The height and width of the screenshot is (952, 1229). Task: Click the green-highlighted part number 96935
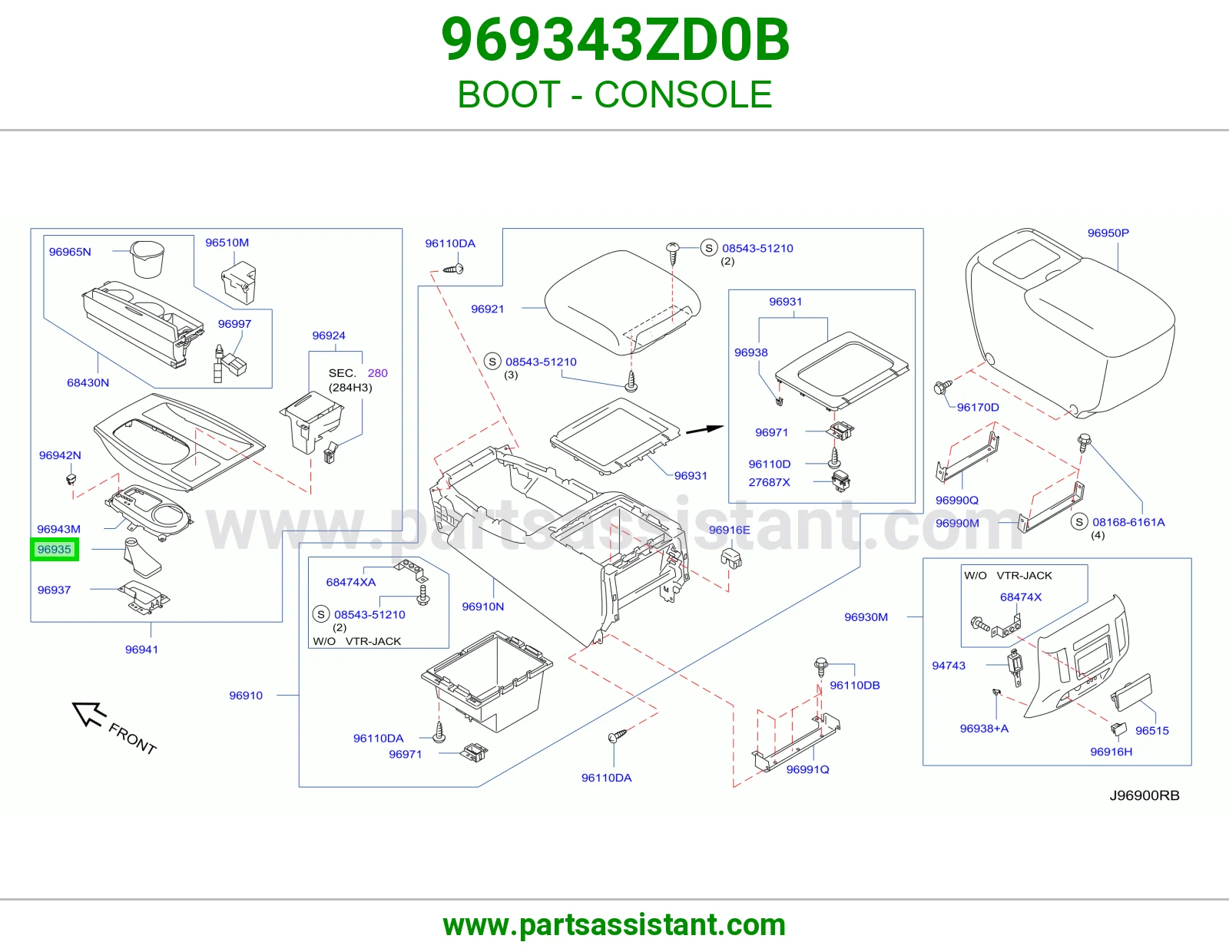pyautogui.click(x=55, y=549)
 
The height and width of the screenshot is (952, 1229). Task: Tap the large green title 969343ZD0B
pyautogui.click(x=614, y=40)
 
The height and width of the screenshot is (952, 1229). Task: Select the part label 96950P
pyautogui.click(x=1108, y=233)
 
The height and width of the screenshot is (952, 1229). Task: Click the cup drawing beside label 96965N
pyautogui.click(x=147, y=259)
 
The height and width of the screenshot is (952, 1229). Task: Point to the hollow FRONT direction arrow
pyautogui.click(x=89, y=714)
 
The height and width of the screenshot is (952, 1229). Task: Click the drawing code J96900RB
pyautogui.click(x=1145, y=795)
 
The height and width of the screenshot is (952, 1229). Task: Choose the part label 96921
pyautogui.click(x=487, y=309)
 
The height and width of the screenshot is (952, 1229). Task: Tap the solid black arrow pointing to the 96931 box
pyautogui.click(x=704, y=430)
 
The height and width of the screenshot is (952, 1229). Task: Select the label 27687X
pyautogui.click(x=769, y=482)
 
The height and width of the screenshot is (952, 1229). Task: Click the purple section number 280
pyautogui.click(x=377, y=373)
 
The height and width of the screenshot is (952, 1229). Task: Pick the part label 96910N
pyautogui.click(x=482, y=607)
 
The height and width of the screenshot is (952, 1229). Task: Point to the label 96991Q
pyautogui.click(x=807, y=769)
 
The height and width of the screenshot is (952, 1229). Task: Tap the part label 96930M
pyautogui.click(x=866, y=617)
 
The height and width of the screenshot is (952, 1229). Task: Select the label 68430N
pyautogui.click(x=88, y=383)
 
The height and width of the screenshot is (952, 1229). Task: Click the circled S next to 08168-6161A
pyautogui.click(x=1079, y=522)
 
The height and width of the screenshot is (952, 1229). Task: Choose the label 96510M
pyautogui.click(x=227, y=243)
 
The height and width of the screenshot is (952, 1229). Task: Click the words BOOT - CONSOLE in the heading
pyautogui.click(x=614, y=94)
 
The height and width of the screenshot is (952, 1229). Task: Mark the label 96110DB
pyautogui.click(x=855, y=685)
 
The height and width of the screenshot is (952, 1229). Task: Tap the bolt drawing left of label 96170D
pyautogui.click(x=942, y=387)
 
